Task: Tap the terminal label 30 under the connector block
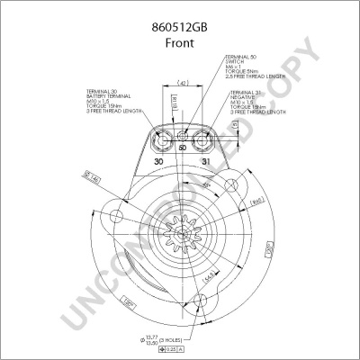[x=158, y=162]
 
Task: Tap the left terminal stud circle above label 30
[x=161, y=139]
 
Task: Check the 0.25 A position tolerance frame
[x=206, y=347]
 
